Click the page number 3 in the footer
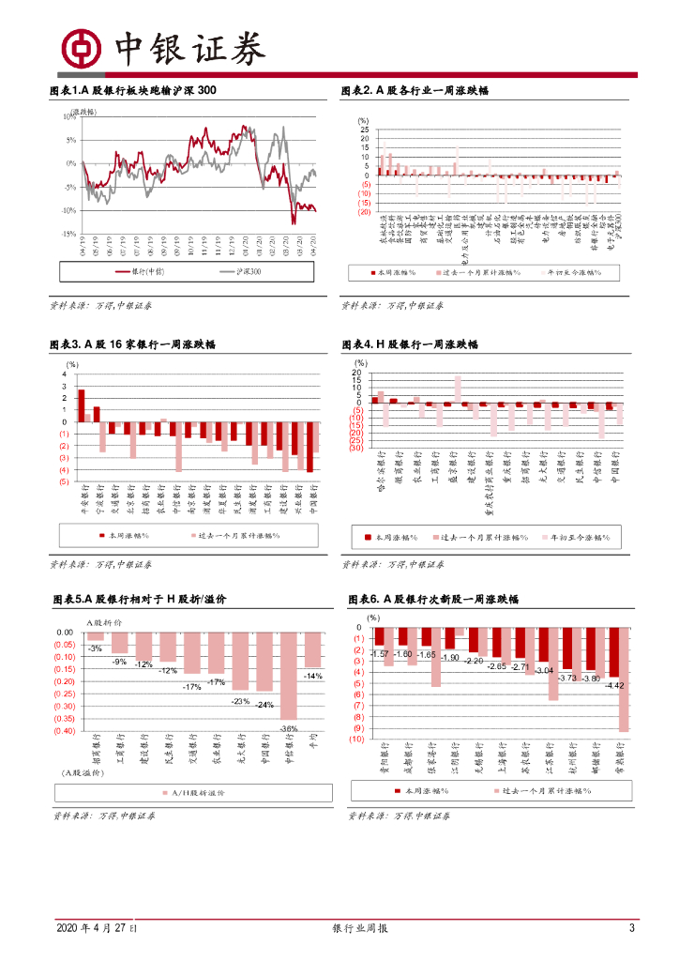click(x=631, y=929)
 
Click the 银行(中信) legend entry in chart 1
click(x=141, y=271)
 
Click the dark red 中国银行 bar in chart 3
click(x=309, y=447)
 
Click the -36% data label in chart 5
click(x=289, y=729)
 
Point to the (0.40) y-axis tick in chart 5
click(x=64, y=731)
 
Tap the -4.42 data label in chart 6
click(x=615, y=686)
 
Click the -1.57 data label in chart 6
click(x=380, y=654)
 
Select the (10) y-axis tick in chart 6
click(x=357, y=739)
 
